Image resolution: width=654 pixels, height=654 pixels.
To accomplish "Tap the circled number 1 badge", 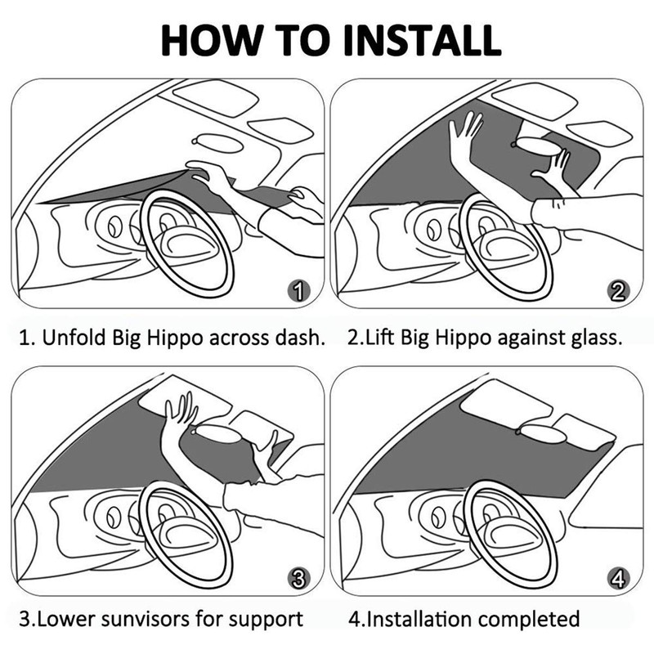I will (300, 290).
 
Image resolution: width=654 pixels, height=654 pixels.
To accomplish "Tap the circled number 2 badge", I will (619, 290).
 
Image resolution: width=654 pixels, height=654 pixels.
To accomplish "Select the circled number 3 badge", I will (300, 579).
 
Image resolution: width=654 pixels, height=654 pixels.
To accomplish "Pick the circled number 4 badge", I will (619, 579).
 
